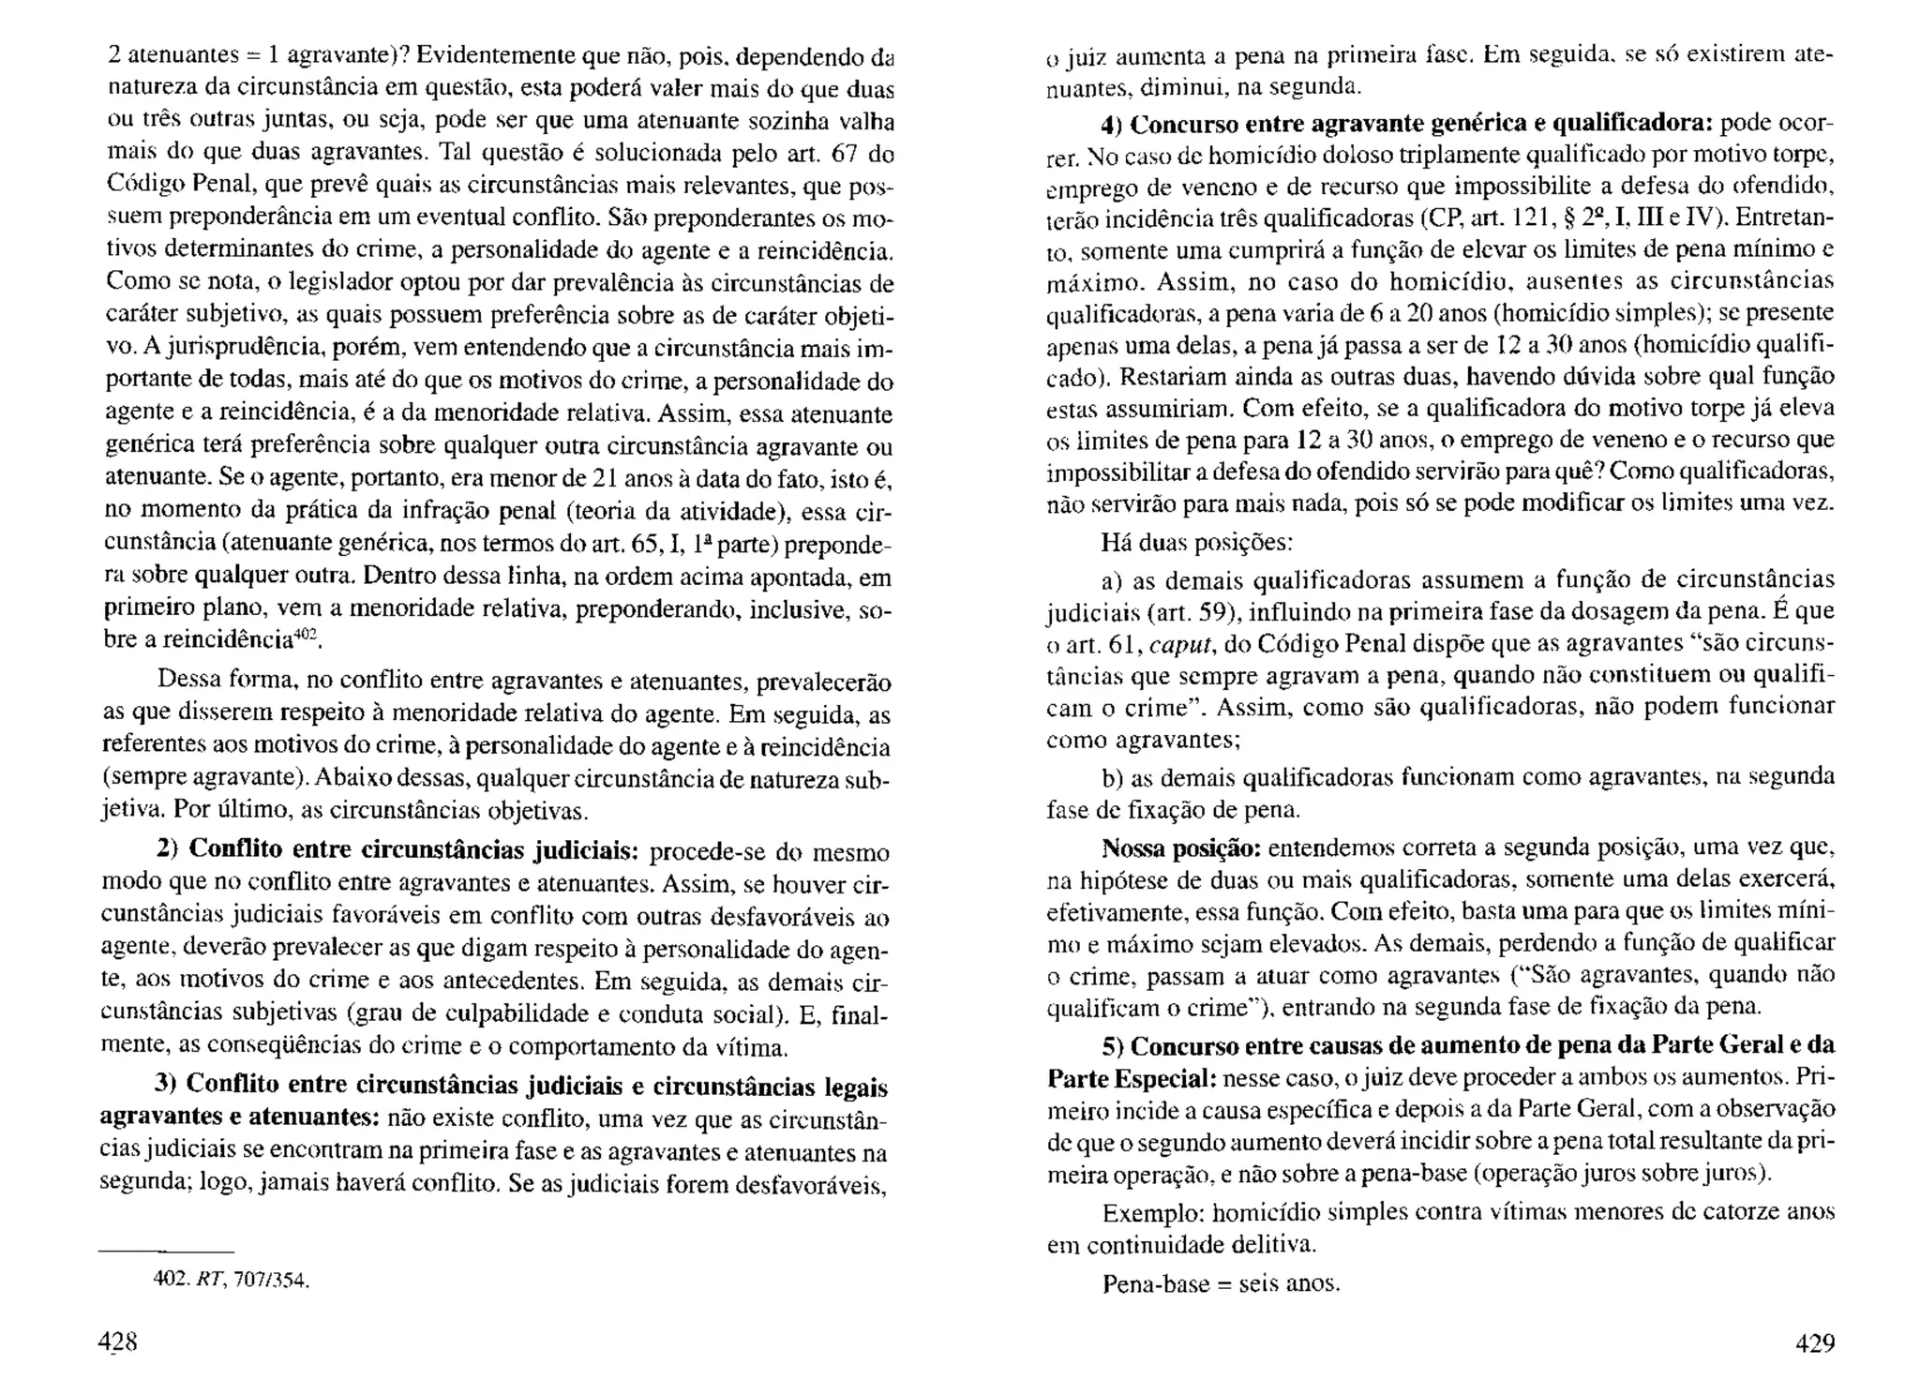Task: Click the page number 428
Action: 119,1342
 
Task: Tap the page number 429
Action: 1814,1342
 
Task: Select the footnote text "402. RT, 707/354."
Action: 231,1279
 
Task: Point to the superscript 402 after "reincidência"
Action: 307,637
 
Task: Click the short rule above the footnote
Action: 166,1252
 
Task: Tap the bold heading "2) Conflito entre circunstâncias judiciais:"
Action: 397,850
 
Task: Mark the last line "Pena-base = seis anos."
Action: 1221,1282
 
